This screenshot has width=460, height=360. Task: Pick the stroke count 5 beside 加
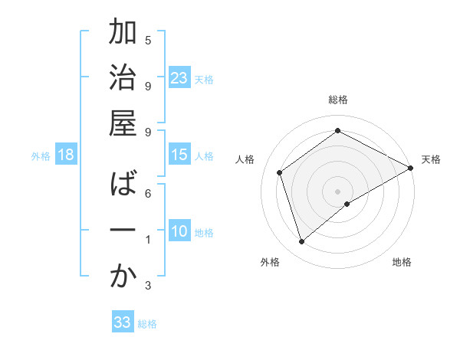click(148, 40)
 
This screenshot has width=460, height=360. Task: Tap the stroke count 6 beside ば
click(148, 193)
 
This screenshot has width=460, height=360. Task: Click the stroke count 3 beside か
click(148, 286)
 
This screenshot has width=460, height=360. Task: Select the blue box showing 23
click(179, 78)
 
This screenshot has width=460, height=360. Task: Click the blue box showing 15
click(179, 155)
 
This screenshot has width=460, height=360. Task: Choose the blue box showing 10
click(179, 231)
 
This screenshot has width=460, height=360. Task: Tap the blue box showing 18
click(66, 155)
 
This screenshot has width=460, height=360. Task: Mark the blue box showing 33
click(123, 322)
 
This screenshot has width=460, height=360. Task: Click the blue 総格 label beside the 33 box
click(147, 324)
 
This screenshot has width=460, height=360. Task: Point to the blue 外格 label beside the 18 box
click(41, 156)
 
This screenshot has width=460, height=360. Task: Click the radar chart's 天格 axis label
click(431, 159)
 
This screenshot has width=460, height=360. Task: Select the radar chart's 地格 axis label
click(402, 263)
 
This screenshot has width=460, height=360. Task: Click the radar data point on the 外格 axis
click(301, 242)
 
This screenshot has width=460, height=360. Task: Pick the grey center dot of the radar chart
click(337, 191)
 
